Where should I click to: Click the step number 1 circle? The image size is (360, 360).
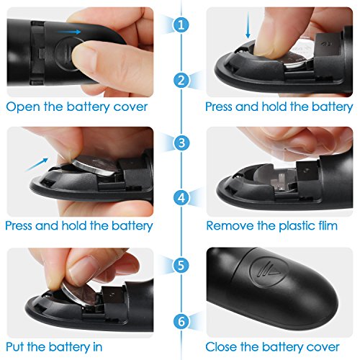coord(179,24)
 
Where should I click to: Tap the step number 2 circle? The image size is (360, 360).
coord(179,80)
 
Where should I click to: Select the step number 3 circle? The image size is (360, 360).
coord(179,140)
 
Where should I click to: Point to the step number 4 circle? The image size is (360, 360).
coord(179,196)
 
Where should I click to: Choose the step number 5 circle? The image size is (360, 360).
coord(179,264)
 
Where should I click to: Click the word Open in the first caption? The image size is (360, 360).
coord(22,106)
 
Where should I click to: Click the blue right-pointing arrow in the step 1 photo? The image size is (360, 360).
coord(71,32)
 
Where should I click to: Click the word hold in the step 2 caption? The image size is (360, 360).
coord(276,106)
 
